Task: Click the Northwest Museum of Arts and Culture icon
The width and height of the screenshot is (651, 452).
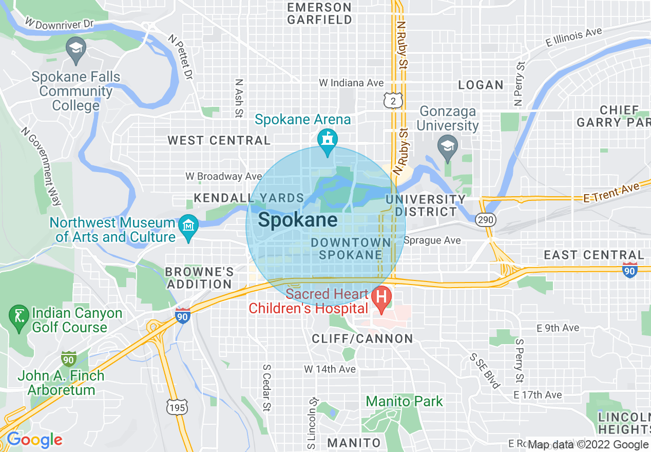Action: point(188,226)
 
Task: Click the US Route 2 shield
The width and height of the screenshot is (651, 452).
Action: point(393,101)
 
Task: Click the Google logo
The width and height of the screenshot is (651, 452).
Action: point(34,440)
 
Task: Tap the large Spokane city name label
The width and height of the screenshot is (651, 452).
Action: point(298,220)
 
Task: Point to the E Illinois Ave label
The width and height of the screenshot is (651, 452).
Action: point(574,37)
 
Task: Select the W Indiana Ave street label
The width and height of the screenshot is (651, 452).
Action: point(351,83)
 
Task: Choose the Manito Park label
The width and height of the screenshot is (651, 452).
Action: point(405,401)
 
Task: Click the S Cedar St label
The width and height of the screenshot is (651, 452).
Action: point(266,388)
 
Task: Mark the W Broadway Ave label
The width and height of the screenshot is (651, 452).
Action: point(224,176)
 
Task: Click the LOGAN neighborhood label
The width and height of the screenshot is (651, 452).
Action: point(481,85)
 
